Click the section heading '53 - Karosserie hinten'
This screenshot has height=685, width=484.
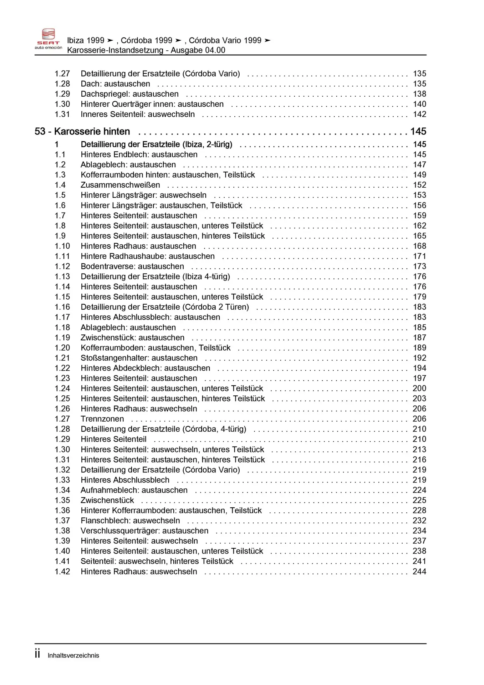82,132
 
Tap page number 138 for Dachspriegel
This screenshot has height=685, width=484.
419,94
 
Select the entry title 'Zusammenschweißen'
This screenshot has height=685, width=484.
120,185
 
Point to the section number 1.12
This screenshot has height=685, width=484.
62,267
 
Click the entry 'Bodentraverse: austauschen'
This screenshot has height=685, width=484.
132,267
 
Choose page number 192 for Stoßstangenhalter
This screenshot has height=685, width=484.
419,358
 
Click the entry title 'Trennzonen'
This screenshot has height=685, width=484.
102,419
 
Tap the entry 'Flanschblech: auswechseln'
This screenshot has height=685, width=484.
130,521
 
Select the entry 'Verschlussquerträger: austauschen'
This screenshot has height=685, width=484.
144,531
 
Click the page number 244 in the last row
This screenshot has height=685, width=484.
419,572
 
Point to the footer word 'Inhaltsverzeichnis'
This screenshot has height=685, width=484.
73,655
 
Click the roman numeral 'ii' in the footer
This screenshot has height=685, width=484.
37,654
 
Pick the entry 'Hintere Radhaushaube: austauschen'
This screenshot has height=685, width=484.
148,257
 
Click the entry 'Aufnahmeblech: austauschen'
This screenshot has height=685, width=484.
134,490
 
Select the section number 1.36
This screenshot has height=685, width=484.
62,511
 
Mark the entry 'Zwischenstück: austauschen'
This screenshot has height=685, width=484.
133,338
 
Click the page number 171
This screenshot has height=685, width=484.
419,257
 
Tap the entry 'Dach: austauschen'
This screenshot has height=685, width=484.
115,84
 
